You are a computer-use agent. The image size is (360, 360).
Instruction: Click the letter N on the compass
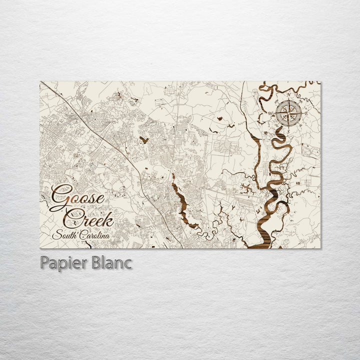[289, 94]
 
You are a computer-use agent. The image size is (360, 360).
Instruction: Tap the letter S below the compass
[288, 131]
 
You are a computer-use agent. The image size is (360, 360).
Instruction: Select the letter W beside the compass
[271, 113]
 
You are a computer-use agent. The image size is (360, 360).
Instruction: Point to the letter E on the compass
[306, 113]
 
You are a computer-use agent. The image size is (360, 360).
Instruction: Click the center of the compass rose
[289, 113]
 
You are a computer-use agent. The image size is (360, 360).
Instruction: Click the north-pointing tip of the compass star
[289, 99]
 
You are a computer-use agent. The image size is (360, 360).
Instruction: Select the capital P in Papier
[45, 263]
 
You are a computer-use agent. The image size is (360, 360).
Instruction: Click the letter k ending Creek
[109, 218]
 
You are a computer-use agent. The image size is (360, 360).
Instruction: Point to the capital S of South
[56, 235]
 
